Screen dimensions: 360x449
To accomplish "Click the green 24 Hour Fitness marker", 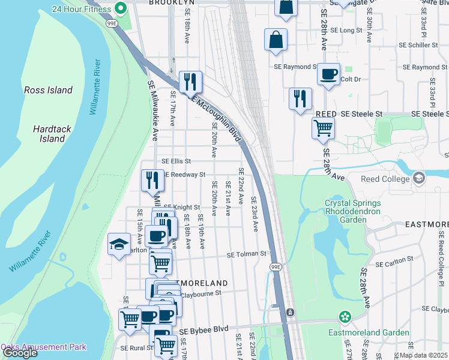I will tap(120, 8).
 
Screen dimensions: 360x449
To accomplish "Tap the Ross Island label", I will tap(48, 91).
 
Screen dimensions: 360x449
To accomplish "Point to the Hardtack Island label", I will tap(49, 134).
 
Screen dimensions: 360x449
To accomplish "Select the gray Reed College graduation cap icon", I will tap(418, 178).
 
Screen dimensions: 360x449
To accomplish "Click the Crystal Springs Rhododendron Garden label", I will tap(354, 211).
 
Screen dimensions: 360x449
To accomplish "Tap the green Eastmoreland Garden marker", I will tap(345, 316).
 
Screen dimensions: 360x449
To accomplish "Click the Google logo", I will tap(20, 353).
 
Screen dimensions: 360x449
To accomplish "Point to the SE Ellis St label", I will tap(176, 161).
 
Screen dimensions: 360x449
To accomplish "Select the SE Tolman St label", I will tap(246, 254).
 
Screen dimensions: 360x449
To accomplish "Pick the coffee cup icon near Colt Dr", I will tap(328, 74).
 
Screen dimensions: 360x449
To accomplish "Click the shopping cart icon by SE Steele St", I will tap(323, 127).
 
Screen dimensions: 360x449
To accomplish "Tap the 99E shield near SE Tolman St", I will tap(275, 267).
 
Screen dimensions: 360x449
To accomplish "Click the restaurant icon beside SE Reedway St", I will tap(152, 179).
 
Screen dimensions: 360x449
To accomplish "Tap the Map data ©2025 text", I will tap(423, 355).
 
